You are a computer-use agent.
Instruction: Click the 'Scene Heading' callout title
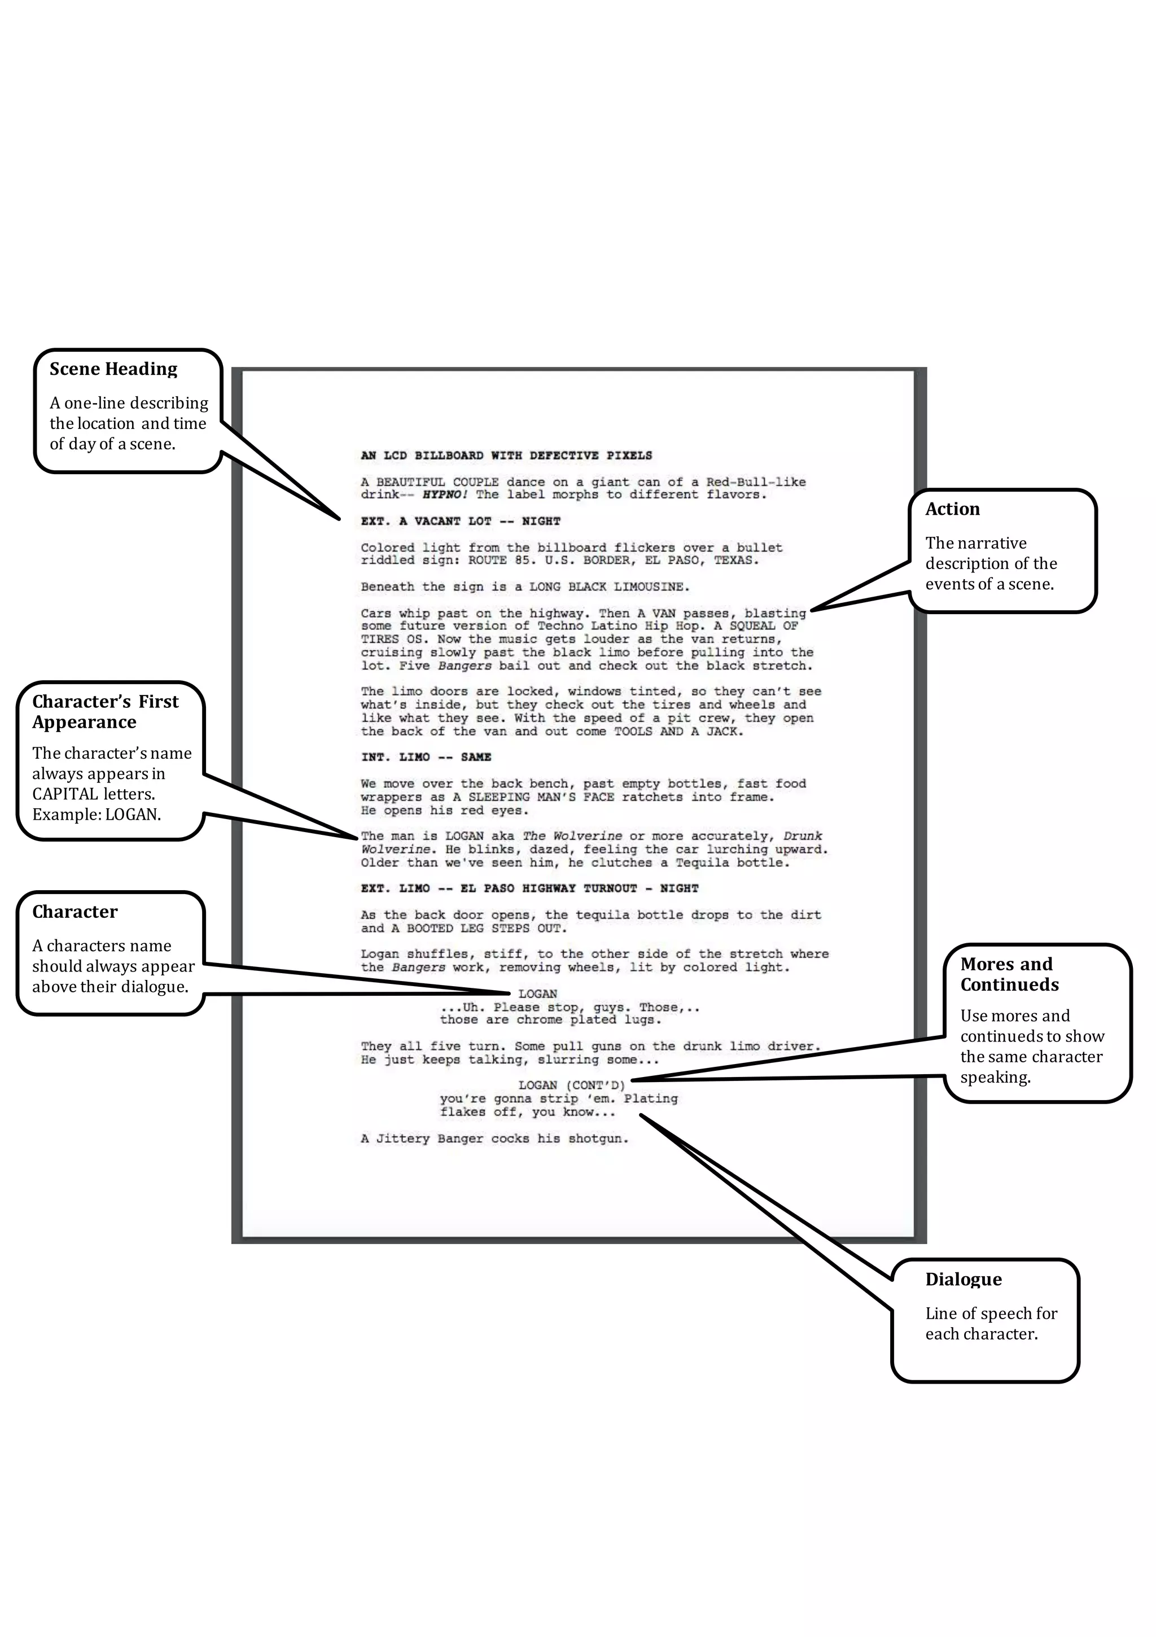coord(113,369)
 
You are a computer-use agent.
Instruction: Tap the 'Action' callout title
coord(952,509)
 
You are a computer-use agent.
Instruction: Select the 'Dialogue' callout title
coord(963,1279)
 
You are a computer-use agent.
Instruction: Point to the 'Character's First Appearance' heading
coord(105,712)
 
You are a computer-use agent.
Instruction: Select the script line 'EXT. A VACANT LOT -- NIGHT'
coord(460,521)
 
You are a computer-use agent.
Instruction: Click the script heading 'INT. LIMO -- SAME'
coord(426,757)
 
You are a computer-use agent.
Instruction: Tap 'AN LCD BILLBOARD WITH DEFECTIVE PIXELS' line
coord(506,456)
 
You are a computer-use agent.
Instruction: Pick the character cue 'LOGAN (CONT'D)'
coord(571,1085)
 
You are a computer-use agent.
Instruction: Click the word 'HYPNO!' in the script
coord(444,495)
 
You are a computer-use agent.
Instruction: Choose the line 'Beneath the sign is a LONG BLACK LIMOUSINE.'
coord(525,587)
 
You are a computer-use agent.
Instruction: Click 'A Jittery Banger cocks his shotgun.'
coord(494,1139)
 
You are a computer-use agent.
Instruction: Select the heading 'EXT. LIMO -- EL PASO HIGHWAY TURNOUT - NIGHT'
coord(529,888)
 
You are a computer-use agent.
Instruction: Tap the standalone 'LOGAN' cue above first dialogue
coord(538,994)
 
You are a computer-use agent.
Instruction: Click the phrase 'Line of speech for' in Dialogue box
coord(991,1314)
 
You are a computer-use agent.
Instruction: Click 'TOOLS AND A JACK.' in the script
coord(679,732)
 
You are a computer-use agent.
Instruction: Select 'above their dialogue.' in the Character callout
coord(110,987)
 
